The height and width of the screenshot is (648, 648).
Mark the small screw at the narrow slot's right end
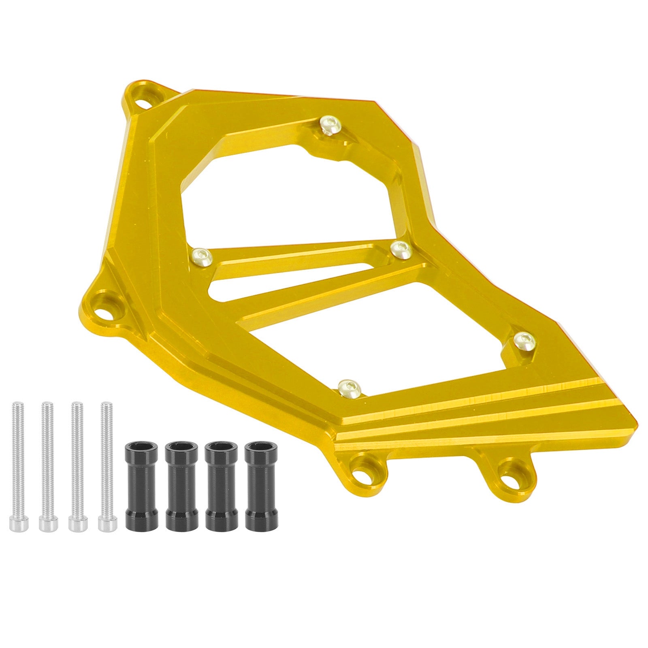pos(401,248)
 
